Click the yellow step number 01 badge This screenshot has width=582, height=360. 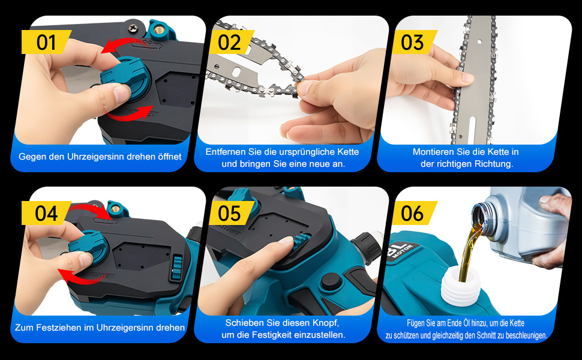[x=46, y=42]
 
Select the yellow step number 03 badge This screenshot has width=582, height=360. [x=413, y=42]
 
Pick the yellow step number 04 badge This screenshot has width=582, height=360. [x=46, y=213]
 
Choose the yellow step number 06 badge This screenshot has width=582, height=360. [x=413, y=213]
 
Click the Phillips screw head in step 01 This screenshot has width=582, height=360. [x=133, y=28]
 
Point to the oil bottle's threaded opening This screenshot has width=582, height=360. [x=481, y=220]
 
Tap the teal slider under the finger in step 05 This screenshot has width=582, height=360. [x=303, y=242]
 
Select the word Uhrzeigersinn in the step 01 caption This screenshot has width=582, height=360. [x=95, y=157]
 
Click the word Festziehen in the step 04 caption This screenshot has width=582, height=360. [x=57, y=328]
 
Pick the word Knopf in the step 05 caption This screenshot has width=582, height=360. [x=326, y=323]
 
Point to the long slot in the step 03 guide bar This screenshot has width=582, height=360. [x=472, y=129]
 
